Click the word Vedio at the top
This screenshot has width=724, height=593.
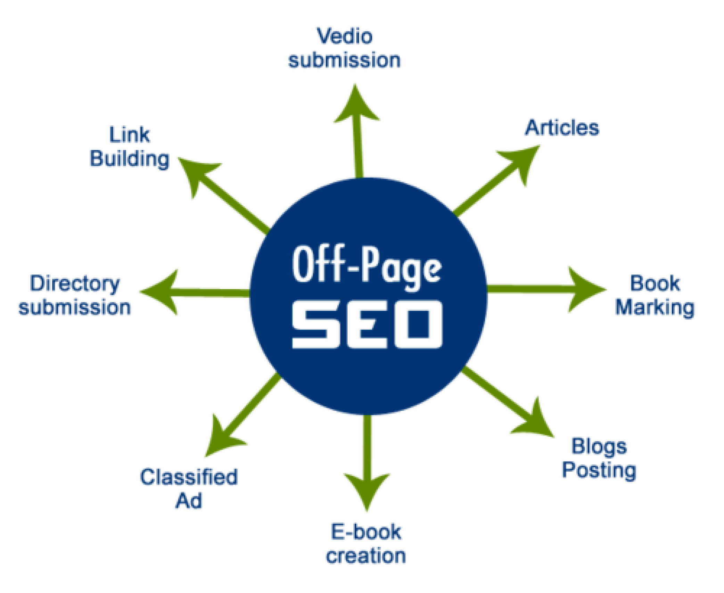point(344,36)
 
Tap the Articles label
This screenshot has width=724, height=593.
point(562,127)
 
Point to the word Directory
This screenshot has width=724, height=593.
point(75,284)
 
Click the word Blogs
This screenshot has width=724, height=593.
point(599,447)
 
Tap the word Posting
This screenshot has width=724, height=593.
point(599,471)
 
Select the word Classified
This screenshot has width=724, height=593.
point(189,477)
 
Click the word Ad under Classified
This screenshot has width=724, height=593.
point(189,501)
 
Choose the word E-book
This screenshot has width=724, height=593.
point(366,532)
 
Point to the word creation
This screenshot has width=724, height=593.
point(366,556)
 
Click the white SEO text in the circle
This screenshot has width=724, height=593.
point(367,324)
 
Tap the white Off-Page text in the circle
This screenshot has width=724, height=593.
point(367,268)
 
